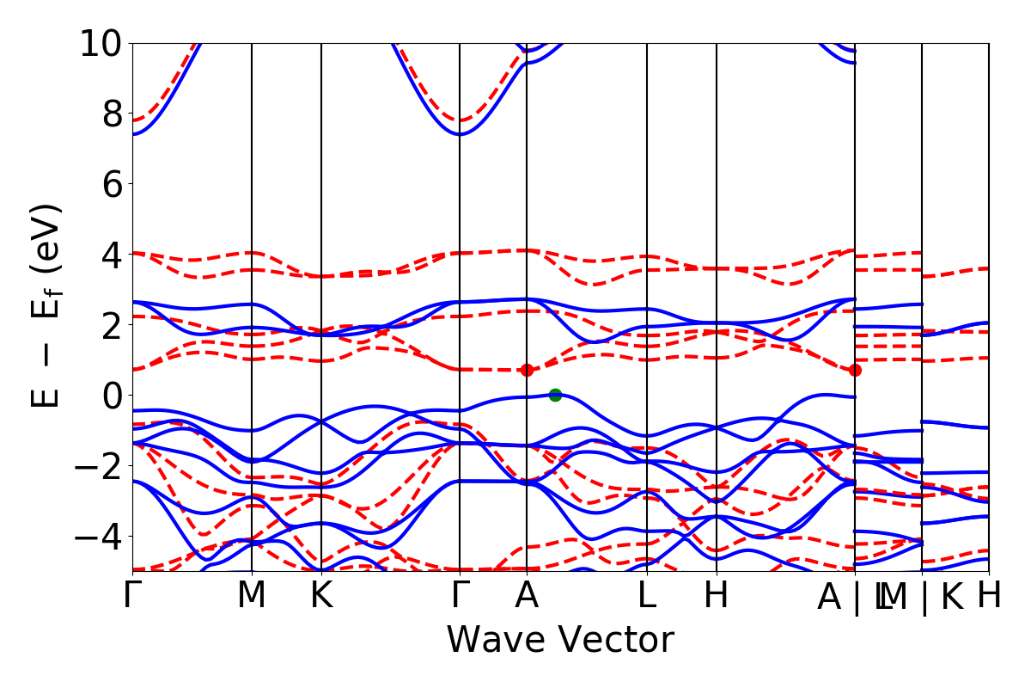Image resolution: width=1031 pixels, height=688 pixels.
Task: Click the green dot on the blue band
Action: click(555, 395)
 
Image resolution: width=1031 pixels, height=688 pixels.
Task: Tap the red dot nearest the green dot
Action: click(527, 370)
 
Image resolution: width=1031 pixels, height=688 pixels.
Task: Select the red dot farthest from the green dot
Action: click(855, 370)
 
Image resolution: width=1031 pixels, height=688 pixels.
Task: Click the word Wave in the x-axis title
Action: click(493, 641)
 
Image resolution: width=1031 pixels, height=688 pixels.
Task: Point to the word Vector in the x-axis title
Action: click(613, 641)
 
